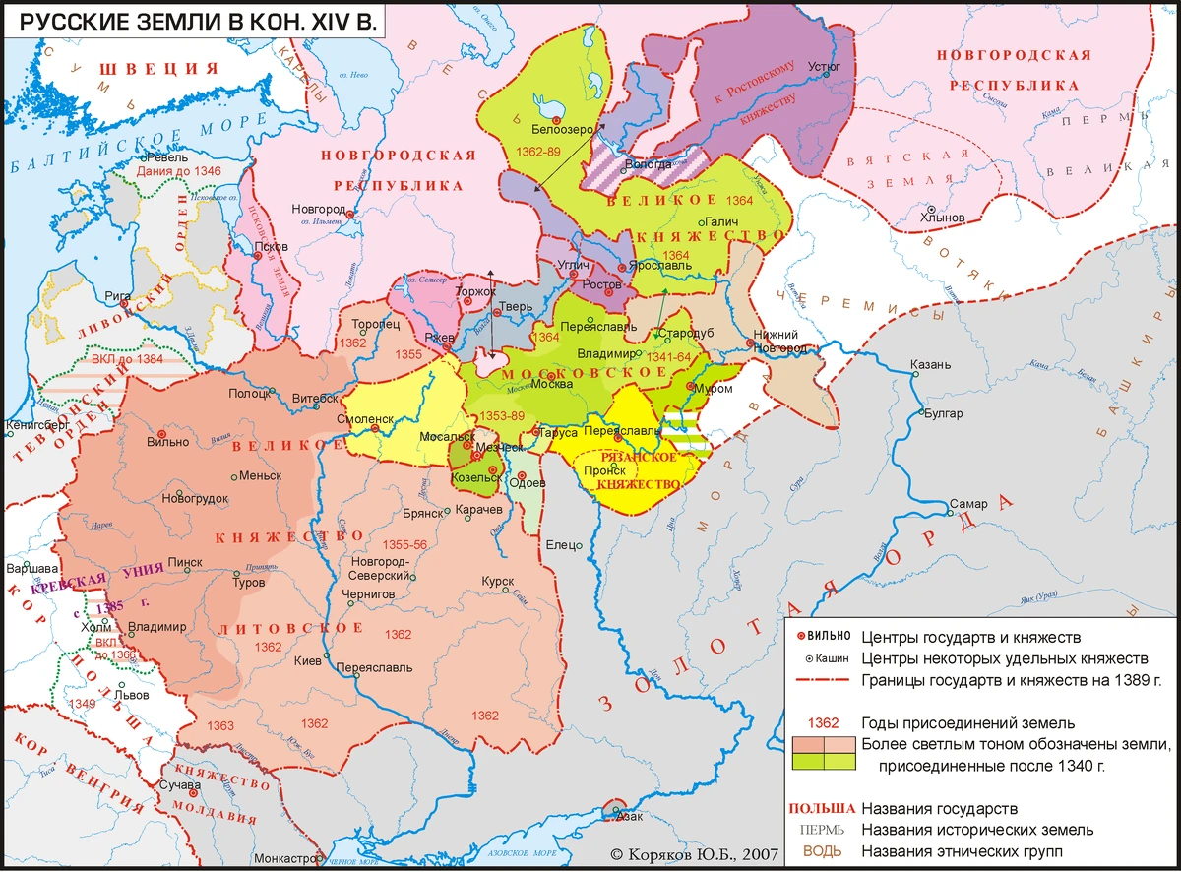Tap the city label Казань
point(930,365)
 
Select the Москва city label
point(552,385)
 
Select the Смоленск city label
point(365,417)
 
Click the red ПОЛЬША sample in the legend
point(820,808)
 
